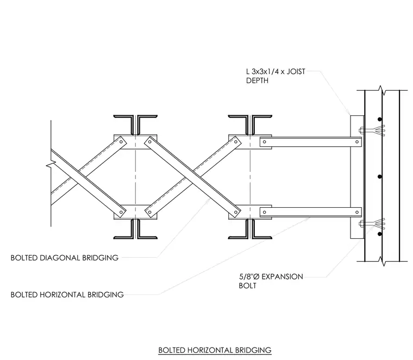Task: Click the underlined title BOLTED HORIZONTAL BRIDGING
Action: [215, 350]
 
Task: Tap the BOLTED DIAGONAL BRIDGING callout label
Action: [65, 258]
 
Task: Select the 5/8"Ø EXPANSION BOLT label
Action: [271, 281]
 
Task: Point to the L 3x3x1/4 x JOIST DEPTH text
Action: [276, 76]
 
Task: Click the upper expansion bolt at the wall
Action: [371, 130]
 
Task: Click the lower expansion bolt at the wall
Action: [371, 224]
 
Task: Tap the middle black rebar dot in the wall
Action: [379, 177]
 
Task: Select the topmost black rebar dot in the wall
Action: [379, 120]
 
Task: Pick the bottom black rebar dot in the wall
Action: [379, 234]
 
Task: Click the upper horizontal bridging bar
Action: [310, 142]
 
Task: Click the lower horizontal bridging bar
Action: [310, 212]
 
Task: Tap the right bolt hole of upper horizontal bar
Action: [357, 142]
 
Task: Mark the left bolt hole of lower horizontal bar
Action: [265, 212]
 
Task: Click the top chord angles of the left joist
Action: [135, 124]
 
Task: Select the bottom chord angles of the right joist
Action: [250, 229]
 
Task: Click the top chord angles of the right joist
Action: [250, 124]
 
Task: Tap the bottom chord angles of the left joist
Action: [135, 229]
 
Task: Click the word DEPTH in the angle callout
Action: [257, 80]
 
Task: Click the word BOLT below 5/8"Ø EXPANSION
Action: [247, 285]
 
